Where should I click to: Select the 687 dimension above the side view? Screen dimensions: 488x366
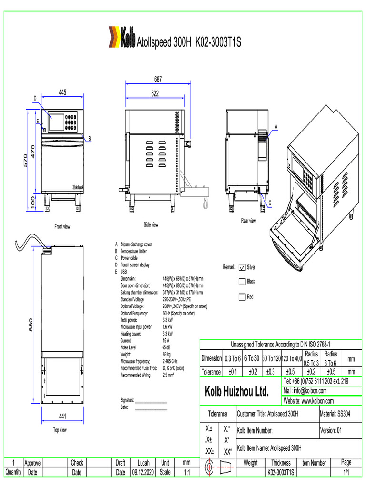(157, 80)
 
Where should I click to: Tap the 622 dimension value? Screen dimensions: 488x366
(155, 94)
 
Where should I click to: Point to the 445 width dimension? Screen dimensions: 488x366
(62, 92)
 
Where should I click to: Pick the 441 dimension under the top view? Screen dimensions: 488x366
(62, 416)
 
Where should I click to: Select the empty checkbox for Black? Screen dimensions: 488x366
(242, 282)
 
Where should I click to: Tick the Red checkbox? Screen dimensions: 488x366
(242, 297)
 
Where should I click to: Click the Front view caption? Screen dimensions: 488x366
(62, 226)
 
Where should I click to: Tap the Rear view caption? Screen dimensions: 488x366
(248, 221)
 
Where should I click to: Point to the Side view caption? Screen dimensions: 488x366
(151, 224)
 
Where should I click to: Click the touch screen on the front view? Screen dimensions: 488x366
(57, 122)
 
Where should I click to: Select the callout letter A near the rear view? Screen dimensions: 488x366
(275, 127)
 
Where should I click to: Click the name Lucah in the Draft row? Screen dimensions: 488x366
(143, 463)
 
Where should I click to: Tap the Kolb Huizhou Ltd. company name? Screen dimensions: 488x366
(237, 392)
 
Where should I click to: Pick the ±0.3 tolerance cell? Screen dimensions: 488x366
(270, 372)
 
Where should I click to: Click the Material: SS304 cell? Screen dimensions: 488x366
(335, 414)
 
